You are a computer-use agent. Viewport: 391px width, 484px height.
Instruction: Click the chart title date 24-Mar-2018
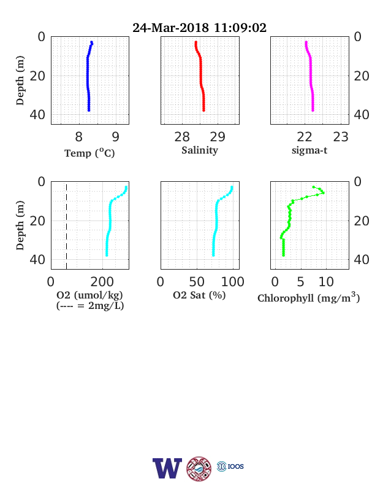[x=170, y=28]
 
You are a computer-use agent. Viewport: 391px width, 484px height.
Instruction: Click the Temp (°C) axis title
[x=89, y=153]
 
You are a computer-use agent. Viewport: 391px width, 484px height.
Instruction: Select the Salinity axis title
[x=200, y=150]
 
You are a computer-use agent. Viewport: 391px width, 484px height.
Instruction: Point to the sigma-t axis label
[x=309, y=150]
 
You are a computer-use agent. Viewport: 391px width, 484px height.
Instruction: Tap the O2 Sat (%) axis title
[x=199, y=295]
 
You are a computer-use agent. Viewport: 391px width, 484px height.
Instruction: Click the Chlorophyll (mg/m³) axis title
[x=308, y=297]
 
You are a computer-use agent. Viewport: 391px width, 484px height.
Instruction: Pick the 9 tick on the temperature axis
[x=115, y=137]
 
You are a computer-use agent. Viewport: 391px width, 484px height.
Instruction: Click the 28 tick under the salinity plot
[x=182, y=137]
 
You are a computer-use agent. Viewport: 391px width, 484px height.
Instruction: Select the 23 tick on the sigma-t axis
[x=341, y=137]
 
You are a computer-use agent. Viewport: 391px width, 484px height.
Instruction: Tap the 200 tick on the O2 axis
[x=102, y=282]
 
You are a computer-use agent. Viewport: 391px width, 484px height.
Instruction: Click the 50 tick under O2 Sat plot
[x=197, y=282]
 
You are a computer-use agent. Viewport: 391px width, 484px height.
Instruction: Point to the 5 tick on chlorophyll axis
[x=300, y=282]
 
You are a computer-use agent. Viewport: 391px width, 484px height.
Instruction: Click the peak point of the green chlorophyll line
[x=323, y=193]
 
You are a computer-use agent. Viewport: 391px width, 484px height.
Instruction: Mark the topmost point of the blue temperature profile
[x=91, y=42]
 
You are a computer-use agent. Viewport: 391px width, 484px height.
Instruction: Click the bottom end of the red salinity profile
[x=203, y=110]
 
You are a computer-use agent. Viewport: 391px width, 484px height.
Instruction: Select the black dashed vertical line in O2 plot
[x=67, y=225]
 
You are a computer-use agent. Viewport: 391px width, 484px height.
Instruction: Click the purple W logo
[x=167, y=468]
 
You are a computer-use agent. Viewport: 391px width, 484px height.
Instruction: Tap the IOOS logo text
[x=235, y=466]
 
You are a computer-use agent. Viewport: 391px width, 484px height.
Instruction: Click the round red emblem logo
[x=199, y=469]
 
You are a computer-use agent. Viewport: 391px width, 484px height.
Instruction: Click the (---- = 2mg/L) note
[x=90, y=306]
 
